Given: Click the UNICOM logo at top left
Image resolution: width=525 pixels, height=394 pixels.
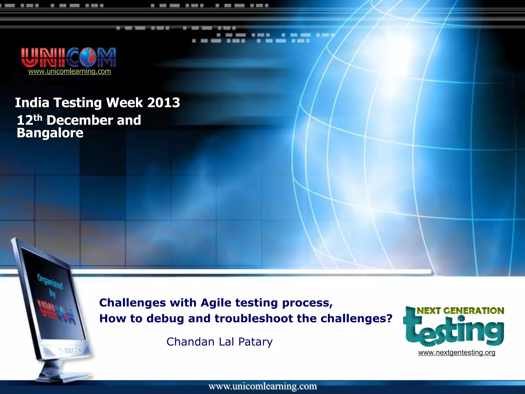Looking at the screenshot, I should (x=68, y=57).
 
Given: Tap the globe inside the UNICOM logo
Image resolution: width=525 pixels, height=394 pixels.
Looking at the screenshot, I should (x=88, y=57).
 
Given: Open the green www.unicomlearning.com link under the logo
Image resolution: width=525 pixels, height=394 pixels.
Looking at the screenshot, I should (x=69, y=71).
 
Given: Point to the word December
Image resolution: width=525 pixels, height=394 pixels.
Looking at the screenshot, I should (x=80, y=120).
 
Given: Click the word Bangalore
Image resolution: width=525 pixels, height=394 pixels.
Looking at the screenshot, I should (x=50, y=133).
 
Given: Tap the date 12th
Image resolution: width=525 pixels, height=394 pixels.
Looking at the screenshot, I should (x=29, y=120).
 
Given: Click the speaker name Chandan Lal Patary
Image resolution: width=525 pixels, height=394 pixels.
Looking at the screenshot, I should (x=219, y=342).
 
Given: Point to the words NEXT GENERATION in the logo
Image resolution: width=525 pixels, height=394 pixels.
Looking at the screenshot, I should (x=460, y=311).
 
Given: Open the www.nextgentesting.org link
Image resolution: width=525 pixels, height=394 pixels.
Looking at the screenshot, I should (x=457, y=352).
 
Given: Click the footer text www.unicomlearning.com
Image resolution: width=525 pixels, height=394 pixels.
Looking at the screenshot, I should (x=262, y=386).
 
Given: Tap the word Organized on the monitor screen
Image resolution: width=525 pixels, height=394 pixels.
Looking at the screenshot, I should (x=50, y=281).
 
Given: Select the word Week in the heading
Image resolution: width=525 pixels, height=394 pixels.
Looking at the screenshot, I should (x=124, y=103).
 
